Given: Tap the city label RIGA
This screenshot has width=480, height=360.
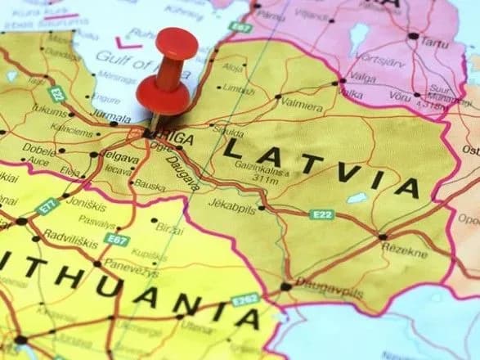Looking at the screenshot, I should coord(176,140).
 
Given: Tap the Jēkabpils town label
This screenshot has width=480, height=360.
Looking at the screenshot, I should coord(232,204).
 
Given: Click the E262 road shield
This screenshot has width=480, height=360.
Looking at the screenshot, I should coord(246,300).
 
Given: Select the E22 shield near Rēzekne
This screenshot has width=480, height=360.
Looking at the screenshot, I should coord(323,215).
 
